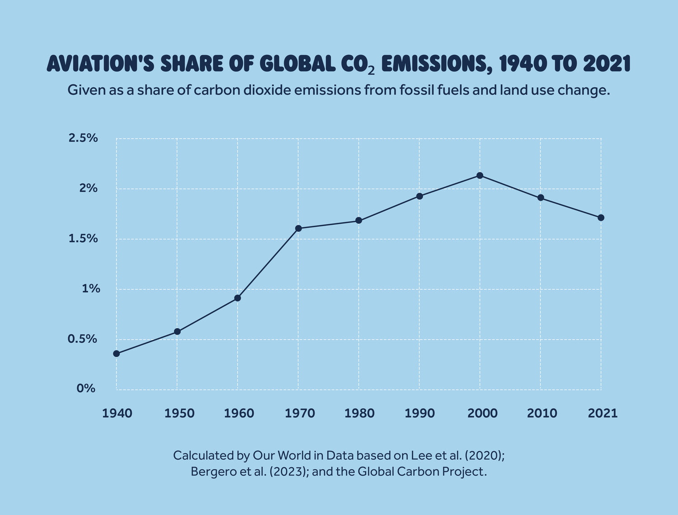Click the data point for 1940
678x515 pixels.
117,354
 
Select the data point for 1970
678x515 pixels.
298,228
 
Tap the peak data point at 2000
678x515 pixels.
480,175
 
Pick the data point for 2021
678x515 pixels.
601,217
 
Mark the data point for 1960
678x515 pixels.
238,298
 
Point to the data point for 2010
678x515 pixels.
541,198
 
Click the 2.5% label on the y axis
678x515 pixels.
83,138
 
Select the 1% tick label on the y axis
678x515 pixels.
91,288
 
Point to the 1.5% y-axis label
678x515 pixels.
83,239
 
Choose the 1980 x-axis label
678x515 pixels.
359,413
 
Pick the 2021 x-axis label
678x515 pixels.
603,413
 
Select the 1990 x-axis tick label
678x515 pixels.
420,413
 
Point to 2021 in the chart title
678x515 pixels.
607,64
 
